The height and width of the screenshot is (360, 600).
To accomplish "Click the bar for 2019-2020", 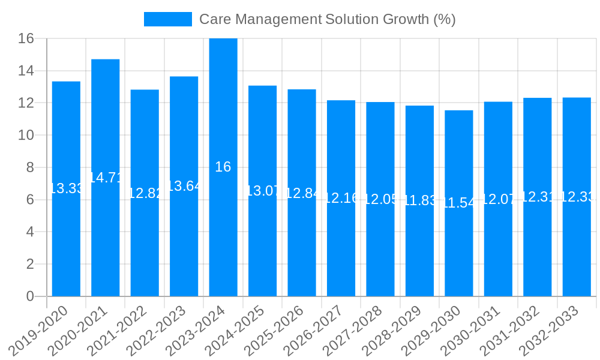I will tap(66, 240).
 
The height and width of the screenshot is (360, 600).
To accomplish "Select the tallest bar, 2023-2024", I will tap(223, 240).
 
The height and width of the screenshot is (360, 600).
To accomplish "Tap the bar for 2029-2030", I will tap(459, 252).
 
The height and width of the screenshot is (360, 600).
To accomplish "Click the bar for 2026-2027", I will tap(341, 252).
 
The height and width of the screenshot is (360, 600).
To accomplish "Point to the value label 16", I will tap(223, 167).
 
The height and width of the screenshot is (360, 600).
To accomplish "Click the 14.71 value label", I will tap(106, 178).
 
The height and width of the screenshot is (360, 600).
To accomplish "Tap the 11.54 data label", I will tap(459, 203).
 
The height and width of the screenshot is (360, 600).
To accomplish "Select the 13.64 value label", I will tap(184, 186).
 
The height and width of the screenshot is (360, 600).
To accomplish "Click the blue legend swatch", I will tap(168, 19).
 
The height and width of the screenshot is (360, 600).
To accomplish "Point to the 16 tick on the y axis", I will tap(26, 39).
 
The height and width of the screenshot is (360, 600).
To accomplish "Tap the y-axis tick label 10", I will tap(26, 136).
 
